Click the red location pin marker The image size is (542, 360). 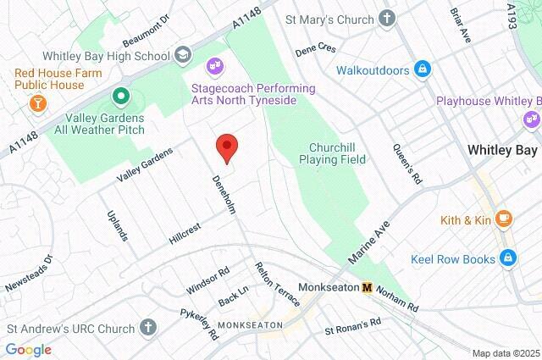coord(226,147)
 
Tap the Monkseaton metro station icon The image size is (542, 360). coord(367,287)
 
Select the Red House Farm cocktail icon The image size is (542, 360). coord(37,103)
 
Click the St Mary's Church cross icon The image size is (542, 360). coord(386,17)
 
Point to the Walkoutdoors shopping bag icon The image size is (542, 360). coord(421,69)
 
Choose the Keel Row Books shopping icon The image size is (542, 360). coord(508,259)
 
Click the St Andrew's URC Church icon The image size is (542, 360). coord(148,327)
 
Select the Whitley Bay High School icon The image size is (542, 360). coord(183,54)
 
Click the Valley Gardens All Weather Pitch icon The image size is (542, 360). coord(121,95)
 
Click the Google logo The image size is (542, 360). coord(28,350)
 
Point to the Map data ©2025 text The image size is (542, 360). coord(506,353)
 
